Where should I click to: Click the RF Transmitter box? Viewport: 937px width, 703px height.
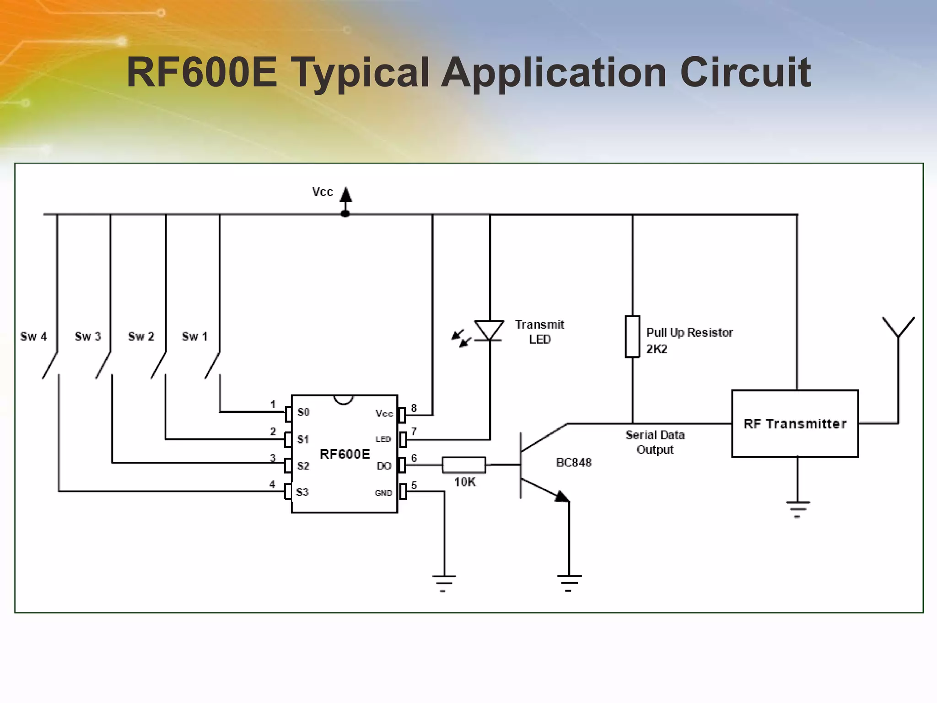pos(795,423)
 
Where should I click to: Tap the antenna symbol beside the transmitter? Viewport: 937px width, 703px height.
pos(898,328)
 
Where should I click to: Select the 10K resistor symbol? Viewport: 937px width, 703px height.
pos(463,465)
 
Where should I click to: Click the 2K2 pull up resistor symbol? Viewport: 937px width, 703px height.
pos(632,336)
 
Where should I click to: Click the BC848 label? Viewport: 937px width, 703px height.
pos(574,463)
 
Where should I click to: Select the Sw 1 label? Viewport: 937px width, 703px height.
pos(194,336)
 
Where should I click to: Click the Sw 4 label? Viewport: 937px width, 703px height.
pos(33,336)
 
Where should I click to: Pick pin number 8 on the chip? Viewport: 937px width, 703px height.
pos(414,408)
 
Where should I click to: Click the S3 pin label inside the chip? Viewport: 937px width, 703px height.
pos(302,492)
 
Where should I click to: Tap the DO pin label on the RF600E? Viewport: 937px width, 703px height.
pos(383,466)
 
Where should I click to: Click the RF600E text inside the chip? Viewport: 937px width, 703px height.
pos(345,454)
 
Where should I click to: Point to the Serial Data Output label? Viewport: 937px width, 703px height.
pos(655,442)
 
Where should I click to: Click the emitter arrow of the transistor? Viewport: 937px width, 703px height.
pos(562,497)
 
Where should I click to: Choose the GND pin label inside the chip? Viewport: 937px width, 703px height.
pos(383,493)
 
